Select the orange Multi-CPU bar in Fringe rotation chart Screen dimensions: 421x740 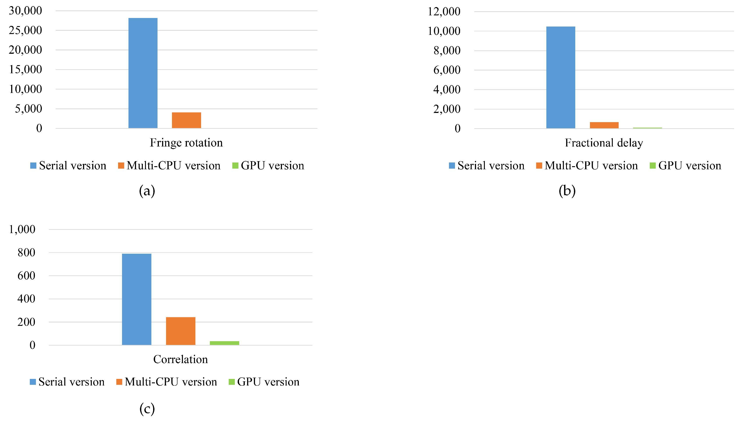[x=186, y=120]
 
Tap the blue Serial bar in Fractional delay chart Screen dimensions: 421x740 [x=560, y=77]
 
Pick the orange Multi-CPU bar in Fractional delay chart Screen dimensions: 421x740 [x=604, y=125]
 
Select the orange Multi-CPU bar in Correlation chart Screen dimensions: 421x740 [x=181, y=331]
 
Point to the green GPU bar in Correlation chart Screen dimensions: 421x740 [x=224, y=343]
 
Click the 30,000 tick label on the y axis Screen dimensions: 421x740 [x=25, y=11]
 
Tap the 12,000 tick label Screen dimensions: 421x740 [x=444, y=12]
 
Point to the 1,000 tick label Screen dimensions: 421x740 [x=22, y=229]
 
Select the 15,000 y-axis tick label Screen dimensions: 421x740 [x=25, y=69]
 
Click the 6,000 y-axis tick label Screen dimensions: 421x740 [x=447, y=70]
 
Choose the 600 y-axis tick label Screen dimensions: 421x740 [x=26, y=276]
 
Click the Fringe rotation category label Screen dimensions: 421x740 [x=186, y=143]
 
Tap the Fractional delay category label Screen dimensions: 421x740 [x=604, y=143]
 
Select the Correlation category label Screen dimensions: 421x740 [x=181, y=359]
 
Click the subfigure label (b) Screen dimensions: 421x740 [x=567, y=191]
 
